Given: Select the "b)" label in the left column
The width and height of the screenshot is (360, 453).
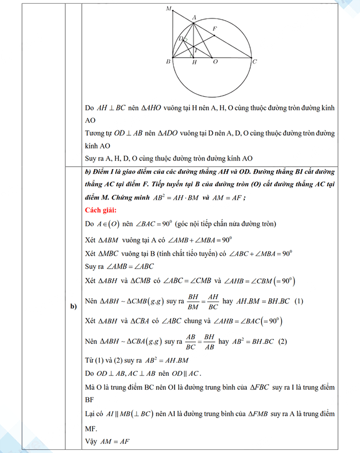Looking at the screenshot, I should pos(74,307).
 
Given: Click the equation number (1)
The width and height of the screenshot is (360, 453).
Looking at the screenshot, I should pos(297,301).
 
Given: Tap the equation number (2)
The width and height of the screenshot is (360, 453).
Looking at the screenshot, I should pos(281,341).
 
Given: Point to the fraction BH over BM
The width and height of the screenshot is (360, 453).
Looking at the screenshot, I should pos(193,301).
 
